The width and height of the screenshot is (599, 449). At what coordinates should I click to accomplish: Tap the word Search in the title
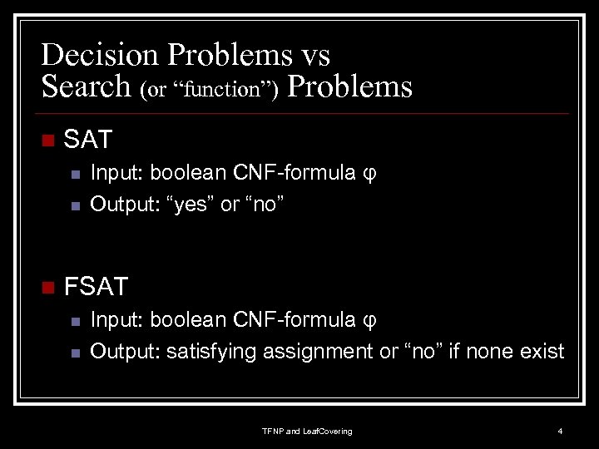pyautogui.click(x=87, y=86)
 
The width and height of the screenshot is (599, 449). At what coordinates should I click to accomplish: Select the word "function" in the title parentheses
pyautogui.click(x=222, y=90)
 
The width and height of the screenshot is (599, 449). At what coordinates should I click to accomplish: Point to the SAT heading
pyautogui.click(x=88, y=140)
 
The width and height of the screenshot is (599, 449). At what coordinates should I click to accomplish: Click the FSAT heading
pyautogui.click(x=96, y=287)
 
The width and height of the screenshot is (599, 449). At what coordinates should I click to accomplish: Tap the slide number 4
pyautogui.click(x=560, y=431)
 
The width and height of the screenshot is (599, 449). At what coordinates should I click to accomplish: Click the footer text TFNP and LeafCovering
pyautogui.click(x=307, y=431)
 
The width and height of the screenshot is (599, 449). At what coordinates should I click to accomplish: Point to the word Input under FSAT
pyautogui.click(x=113, y=320)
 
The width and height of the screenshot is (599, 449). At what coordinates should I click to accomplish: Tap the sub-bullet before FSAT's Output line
pyautogui.click(x=74, y=353)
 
